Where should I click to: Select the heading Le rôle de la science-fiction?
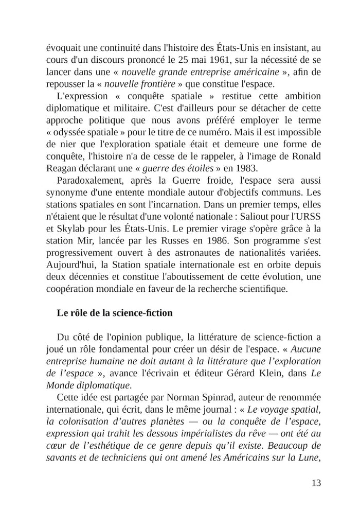click(x=115, y=312)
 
